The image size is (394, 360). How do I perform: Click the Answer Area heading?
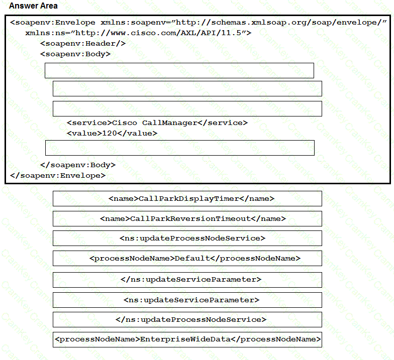click(33, 6)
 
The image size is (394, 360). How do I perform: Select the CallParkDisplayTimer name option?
click(187, 198)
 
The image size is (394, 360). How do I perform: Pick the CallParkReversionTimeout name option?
click(187, 218)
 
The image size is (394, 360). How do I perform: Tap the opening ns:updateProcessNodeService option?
click(187, 238)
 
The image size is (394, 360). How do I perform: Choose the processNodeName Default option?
click(187, 259)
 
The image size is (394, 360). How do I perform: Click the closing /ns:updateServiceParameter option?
click(187, 279)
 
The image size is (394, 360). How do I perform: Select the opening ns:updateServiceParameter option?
click(187, 300)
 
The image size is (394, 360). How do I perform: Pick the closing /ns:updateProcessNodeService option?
click(187, 319)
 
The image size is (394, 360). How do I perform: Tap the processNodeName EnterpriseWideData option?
click(187, 339)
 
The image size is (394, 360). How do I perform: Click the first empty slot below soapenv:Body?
click(179, 70)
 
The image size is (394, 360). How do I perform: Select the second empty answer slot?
click(187, 88)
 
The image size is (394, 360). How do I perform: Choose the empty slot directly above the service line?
click(187, 108)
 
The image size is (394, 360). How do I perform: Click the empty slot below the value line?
click(179, 148)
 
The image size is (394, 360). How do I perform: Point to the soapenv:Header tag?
click(83, 44)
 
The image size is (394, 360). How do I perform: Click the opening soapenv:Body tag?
click(75, 54)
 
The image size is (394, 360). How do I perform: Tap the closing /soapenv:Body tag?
click(78, 165)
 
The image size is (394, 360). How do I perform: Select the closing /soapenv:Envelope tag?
click(58, 175)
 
